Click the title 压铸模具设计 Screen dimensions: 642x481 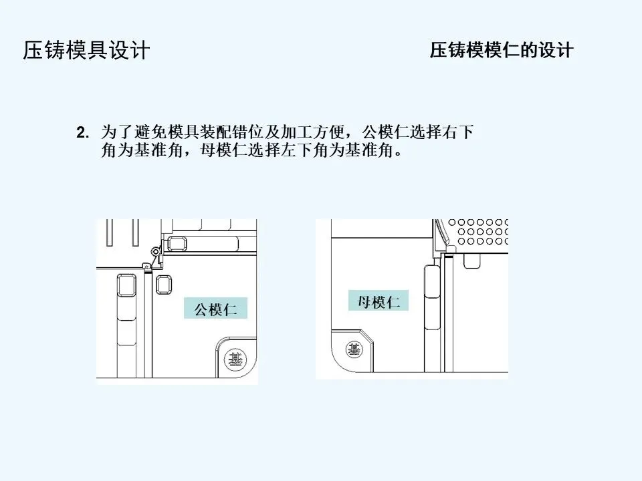[87, 51]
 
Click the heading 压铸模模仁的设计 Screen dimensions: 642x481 [502, 51]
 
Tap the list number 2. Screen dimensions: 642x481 [82, 132]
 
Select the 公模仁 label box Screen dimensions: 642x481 [211, 309]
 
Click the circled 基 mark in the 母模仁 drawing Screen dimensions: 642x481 [352, 348]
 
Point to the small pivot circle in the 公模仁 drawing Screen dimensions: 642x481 [155, 252]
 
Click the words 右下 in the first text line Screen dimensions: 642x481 [458, 132]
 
